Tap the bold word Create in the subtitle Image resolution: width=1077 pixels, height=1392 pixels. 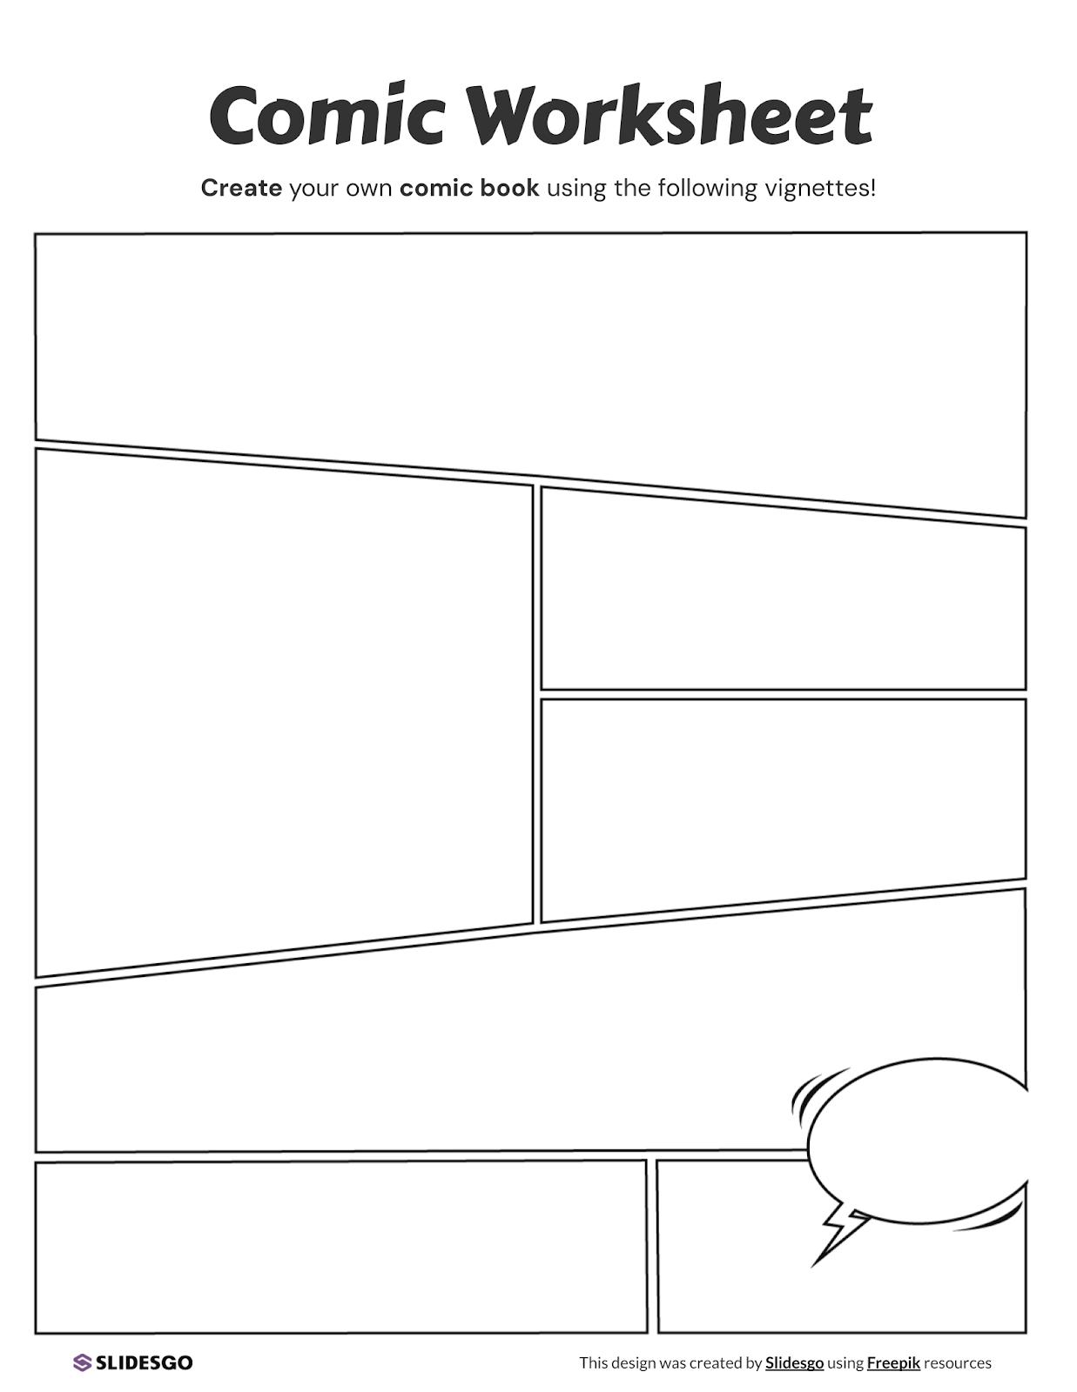pyautogui.click(x=241, y=188)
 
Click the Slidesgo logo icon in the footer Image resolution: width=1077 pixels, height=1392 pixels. pyautogui.click(x=82, y=1362)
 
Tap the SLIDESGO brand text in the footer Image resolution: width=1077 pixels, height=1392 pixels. pyautogui.click(x=144, y=1362)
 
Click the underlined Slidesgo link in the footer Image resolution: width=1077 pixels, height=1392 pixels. pyautogui.click(x=794, y=1362)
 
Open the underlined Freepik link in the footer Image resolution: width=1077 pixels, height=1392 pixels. pyautogui.click(x=893, y=1362)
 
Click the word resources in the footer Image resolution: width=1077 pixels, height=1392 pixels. pyautogui.click(x=958, y=1362)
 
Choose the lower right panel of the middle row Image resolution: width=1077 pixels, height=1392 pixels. pyautogui.click(x=784, y=800)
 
